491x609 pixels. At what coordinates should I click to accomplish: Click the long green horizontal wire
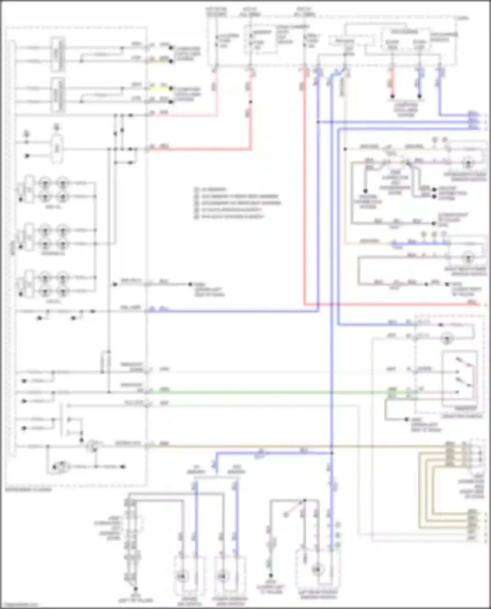click(262, 392)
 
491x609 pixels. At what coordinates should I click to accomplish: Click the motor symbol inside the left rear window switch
click(317, 570)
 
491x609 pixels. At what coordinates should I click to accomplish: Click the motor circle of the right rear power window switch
click(468, 258)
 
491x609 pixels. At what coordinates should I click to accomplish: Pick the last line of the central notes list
click(229, 217)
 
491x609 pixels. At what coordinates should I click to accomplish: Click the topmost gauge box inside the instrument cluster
click(57, 54)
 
